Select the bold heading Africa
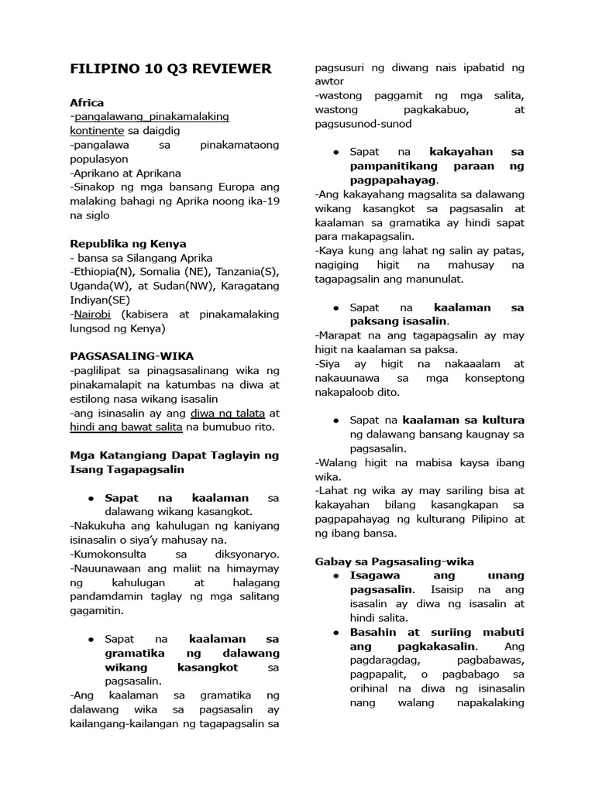coord(87,102)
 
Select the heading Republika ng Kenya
coord(128,243)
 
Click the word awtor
coord(329,81)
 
